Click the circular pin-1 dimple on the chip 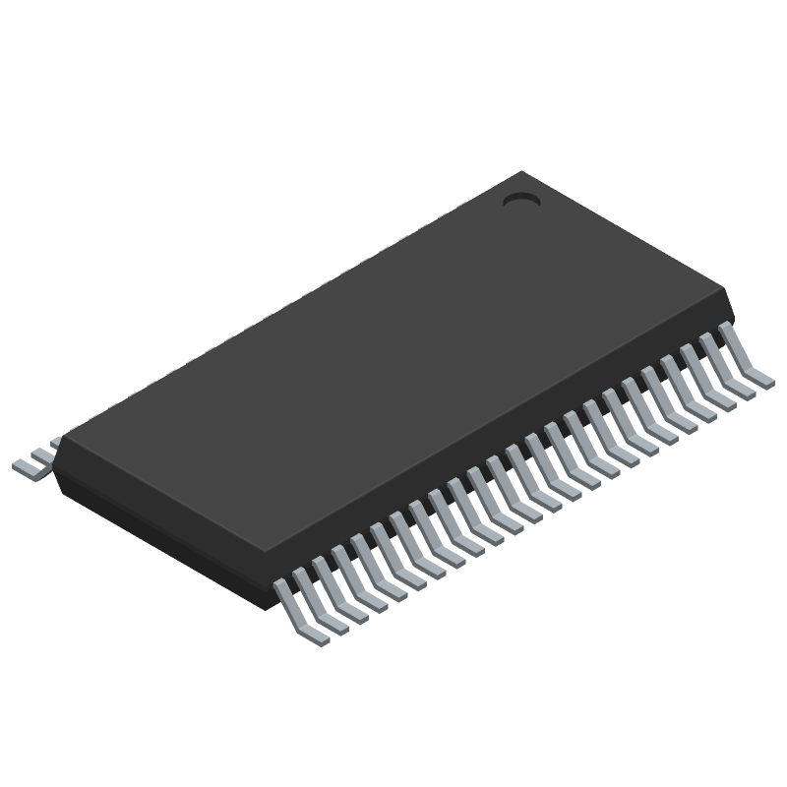click(521, 200)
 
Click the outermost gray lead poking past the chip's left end click(28, 466)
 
